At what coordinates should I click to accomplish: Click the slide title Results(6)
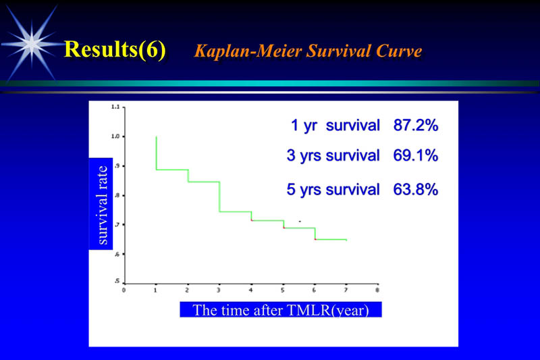(x=115, y=51)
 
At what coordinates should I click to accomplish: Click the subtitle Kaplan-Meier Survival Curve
(x=308, y=51)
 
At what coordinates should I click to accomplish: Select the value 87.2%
(x=416, y=126)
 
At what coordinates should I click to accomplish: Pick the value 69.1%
(x=416, y=156)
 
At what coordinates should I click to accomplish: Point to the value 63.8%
(x=416, y=190)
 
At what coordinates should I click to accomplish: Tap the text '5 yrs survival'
(x=332, y=190)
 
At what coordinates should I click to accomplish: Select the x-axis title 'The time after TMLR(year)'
(x=281, y=310)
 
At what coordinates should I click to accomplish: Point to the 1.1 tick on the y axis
(x=115, y=107)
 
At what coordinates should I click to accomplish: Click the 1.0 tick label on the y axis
(x=115, y=136)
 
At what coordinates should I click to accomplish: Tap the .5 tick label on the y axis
(x=115, y=281)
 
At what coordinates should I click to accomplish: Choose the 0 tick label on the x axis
(x=124, y=290)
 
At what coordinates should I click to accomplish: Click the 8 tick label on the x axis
(x=377, y=290)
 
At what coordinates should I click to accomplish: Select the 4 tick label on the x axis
(x=251, y=290)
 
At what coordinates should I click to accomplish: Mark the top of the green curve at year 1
(x=156, y=137)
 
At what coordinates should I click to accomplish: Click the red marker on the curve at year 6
(x=315, y=239)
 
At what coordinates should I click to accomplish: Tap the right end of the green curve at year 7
(x=346, y=240)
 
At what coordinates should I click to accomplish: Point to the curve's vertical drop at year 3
(x=219, y=197)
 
